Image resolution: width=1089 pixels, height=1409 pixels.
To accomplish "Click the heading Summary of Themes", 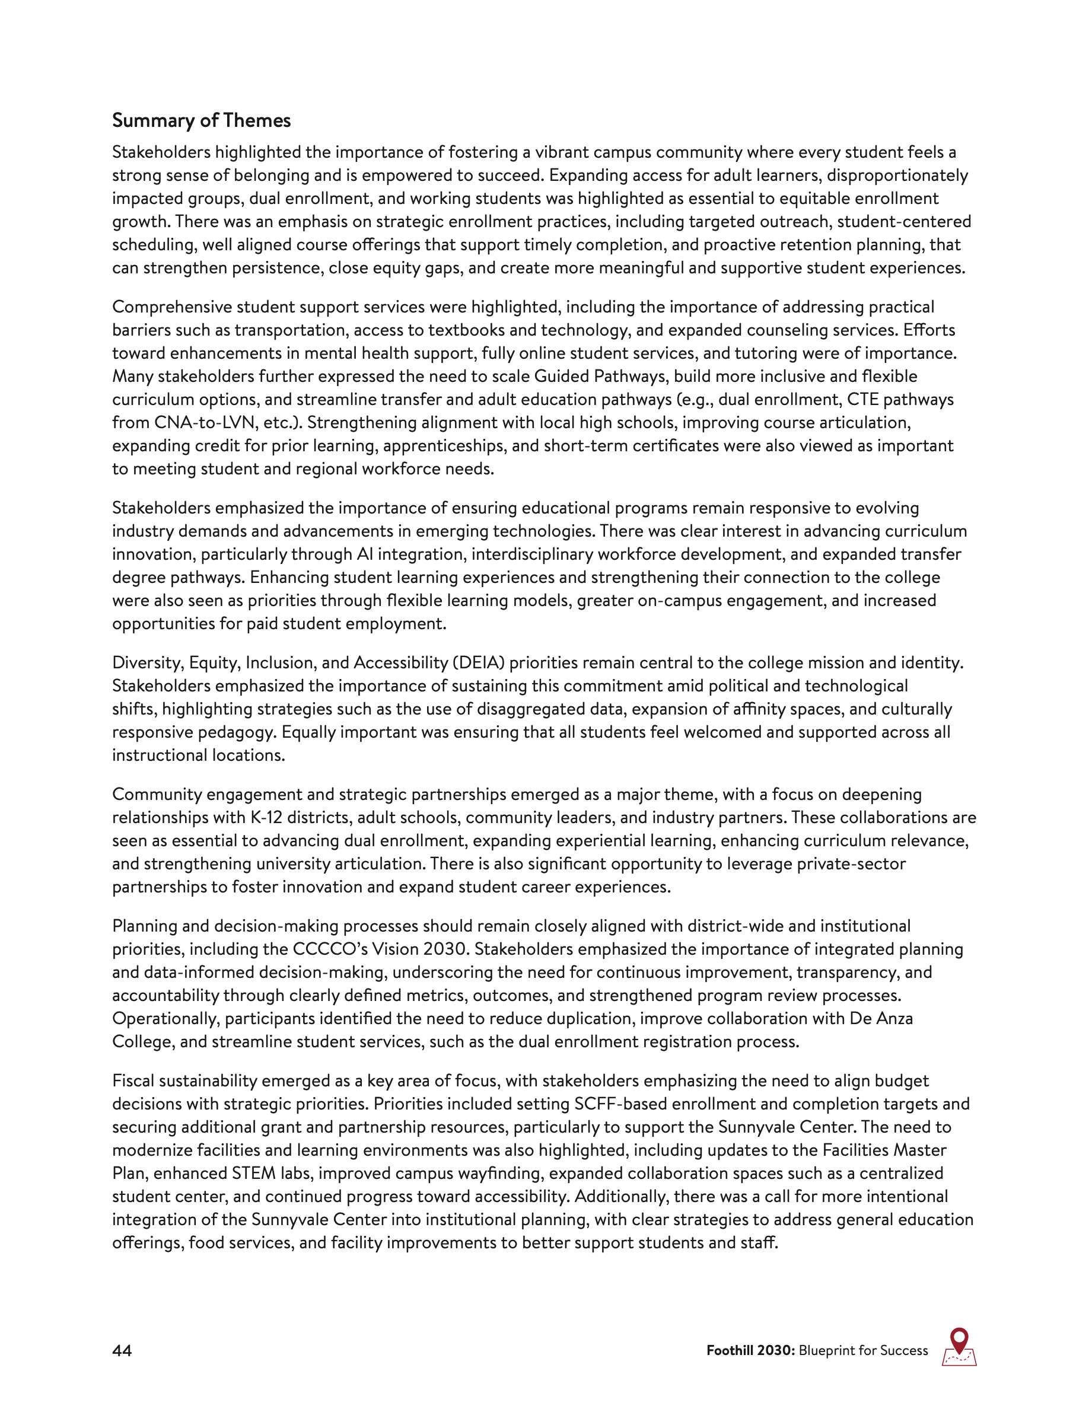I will [201, 120].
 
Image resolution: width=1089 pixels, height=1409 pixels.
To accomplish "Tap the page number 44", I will [122, 1351].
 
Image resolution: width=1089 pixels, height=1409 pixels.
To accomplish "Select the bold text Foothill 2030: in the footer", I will [750, 1351].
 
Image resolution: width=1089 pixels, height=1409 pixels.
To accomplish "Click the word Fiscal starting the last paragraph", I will [133, 1080].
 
